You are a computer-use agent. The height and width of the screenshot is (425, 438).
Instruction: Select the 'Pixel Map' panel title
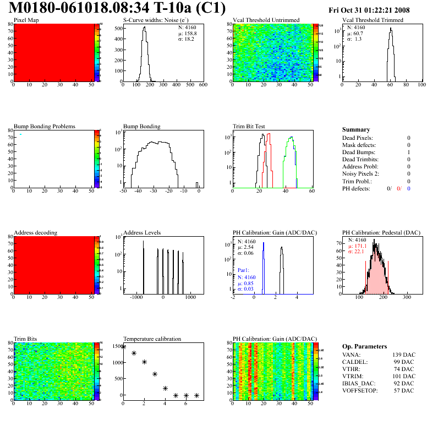tap(26, 20)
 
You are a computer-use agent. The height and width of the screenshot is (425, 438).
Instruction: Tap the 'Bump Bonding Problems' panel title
tap(45, 127)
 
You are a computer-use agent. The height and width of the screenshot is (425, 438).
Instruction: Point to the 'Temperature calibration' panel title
tap(152, 339)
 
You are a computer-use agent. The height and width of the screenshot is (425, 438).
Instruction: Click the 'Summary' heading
tap(356, 129)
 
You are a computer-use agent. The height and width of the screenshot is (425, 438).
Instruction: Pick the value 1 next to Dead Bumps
tap(409, 152)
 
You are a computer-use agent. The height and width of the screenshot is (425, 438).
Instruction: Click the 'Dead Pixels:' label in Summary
tap(358, 138)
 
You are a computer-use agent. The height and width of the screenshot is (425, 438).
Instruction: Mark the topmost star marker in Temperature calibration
tap(124, 347)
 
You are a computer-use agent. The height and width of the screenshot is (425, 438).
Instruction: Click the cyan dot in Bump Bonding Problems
tap(21, 134)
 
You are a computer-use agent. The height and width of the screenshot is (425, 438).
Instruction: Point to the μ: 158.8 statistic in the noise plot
tap(187, 33)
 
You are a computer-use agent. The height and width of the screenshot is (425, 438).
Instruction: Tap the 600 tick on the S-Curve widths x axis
tap(202, 85)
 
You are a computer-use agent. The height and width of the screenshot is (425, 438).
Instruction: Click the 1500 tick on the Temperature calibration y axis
tap(117, 346)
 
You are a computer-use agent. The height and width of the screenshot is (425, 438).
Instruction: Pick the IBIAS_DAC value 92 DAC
tap(404, 383)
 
